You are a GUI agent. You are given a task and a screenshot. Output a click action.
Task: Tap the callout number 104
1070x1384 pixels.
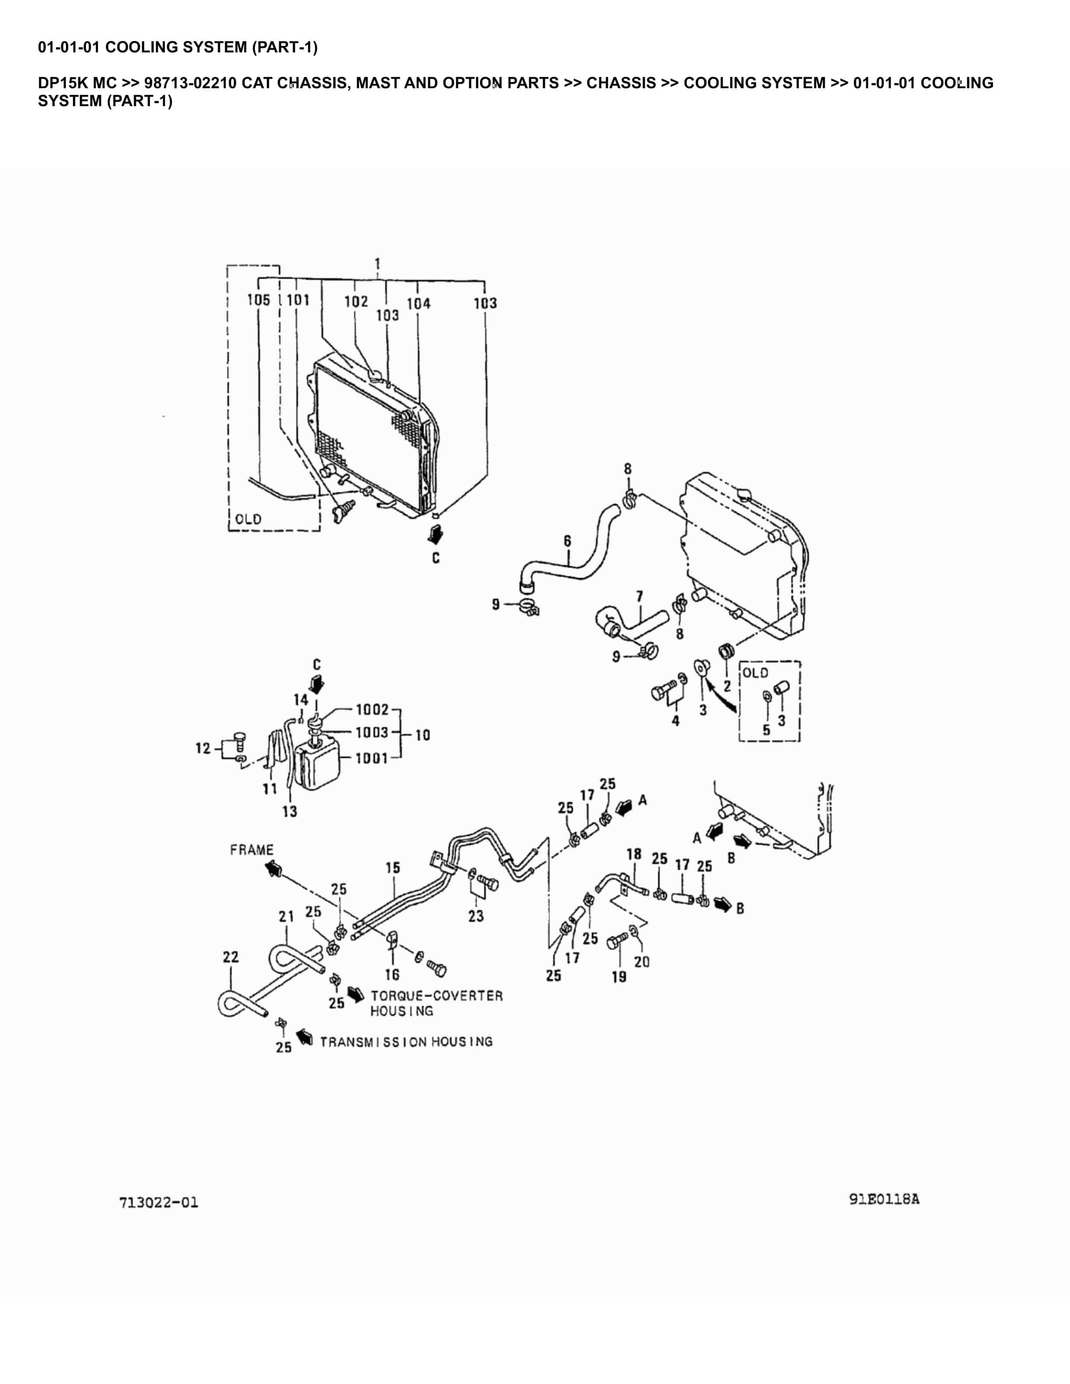click(418, 304)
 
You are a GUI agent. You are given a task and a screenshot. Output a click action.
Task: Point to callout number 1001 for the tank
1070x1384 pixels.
click(372, 758)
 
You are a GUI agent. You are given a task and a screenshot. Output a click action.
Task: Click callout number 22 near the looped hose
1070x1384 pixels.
click(231, 956)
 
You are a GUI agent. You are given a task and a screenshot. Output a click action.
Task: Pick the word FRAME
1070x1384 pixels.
click(252, 849)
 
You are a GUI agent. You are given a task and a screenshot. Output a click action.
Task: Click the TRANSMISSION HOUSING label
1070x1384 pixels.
click(406, 1042)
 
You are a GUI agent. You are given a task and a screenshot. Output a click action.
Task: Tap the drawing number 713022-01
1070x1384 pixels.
click(159, 1202)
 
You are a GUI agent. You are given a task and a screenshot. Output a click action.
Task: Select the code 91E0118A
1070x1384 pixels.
click(884, 1199)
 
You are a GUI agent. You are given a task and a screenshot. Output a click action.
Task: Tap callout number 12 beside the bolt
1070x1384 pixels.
click(203, 748)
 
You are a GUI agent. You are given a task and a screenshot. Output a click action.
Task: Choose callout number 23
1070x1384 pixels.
click(476, 916)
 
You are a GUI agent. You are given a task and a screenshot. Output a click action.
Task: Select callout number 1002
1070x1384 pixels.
click(372, 710)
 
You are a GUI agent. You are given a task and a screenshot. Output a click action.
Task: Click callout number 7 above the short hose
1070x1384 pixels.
click(639, 596)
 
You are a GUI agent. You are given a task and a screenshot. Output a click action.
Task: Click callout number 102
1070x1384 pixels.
click(356, 301)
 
